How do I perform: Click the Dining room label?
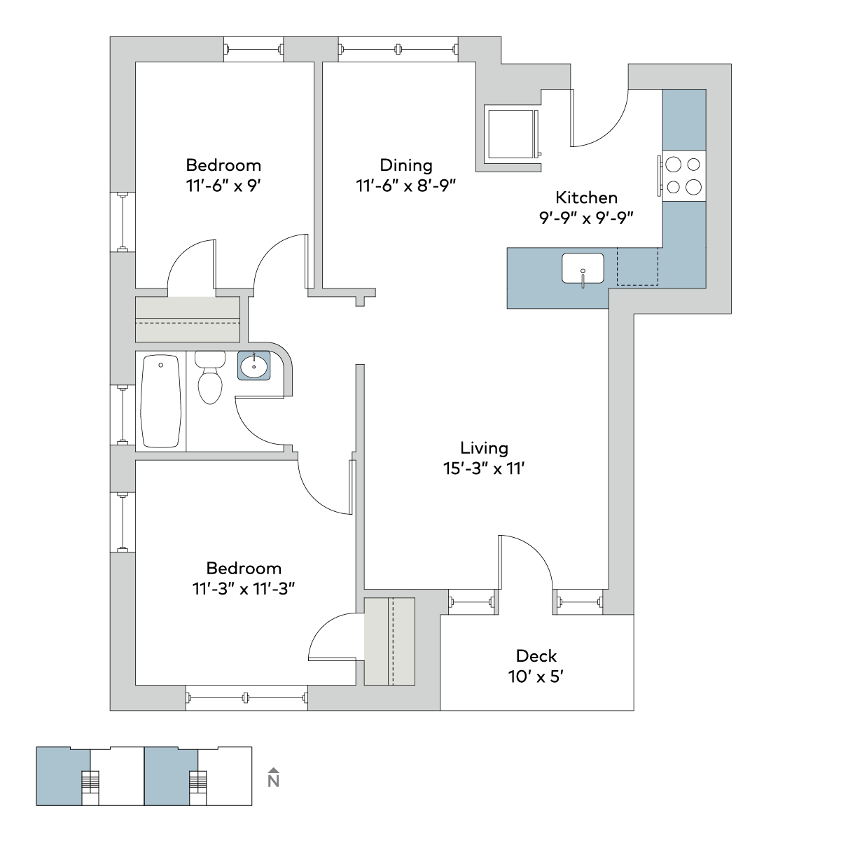(x=406, y=165)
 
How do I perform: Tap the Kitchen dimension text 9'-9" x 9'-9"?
(x=586, y=218)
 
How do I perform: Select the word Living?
(x=484, y=448)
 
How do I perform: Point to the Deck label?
(x=536, y=656)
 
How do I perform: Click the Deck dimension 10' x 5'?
(x=536, y=677)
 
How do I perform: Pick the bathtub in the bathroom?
(x=160, y=401)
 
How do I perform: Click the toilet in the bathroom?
(x=210, y=377)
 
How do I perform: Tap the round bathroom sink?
(x=254, y=366)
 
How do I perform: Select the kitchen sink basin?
(x=583, y=268)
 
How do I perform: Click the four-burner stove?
(x=683, y=176)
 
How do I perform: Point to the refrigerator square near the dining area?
(x=511, y=134)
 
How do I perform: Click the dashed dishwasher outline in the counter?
(x=637, y=267)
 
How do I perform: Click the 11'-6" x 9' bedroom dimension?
(x=223, y=186)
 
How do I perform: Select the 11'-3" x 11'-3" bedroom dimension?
(x=244, y=589)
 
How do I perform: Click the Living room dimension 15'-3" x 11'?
(x=484, y=468)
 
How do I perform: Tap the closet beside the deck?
(x=389, y=641)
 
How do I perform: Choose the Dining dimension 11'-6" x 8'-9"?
(x=406, y=186)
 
